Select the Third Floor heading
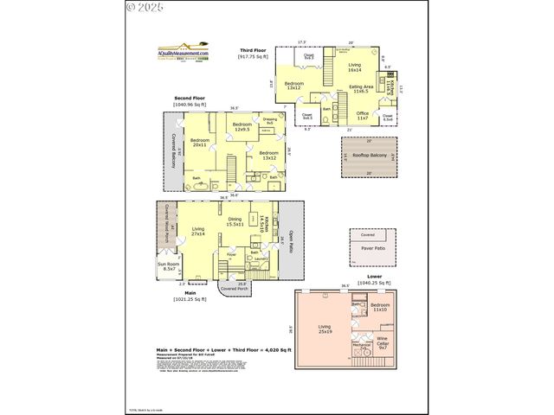click(252, 52)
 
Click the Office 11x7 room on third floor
click(362, 114)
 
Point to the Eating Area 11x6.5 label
click(362, 89)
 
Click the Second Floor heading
click(188, 98)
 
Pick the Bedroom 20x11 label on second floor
click(200, 143)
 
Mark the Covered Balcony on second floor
click(171, 155)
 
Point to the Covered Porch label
click(232, 288)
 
